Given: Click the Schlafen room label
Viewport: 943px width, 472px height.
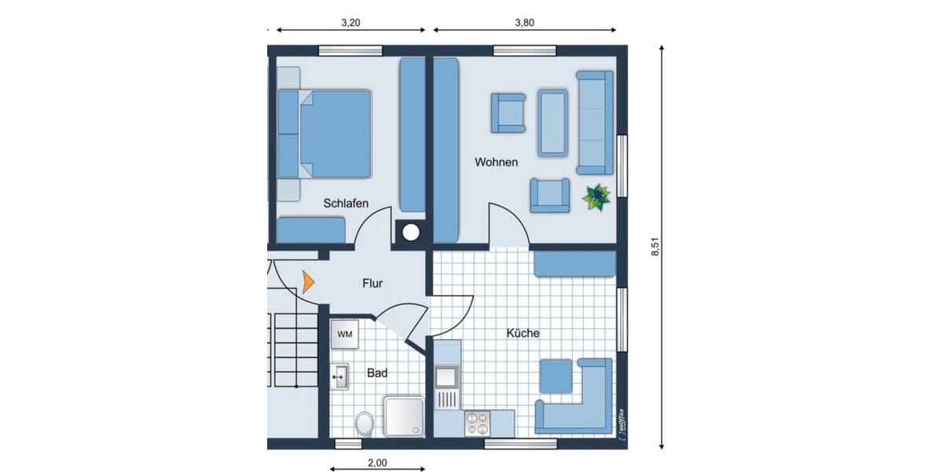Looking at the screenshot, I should [346, 204].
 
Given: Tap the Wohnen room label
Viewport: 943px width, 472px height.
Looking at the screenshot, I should [496, 163].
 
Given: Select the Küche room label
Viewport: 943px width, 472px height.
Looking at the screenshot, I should [523, 334].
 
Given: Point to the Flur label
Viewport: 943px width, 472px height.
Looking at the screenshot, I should [372, 283].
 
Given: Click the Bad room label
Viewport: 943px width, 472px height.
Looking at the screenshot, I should [377, 374].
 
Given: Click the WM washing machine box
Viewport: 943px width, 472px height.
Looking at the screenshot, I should [345, 334].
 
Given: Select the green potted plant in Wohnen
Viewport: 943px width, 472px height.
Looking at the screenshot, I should [596, 197].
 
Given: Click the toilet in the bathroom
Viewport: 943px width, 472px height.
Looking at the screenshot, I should [364, 424].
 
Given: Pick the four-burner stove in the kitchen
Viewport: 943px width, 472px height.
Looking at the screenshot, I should [476, 423].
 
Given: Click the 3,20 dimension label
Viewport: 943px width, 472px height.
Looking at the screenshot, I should [350, 24].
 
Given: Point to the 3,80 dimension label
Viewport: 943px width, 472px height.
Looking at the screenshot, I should [524, 24].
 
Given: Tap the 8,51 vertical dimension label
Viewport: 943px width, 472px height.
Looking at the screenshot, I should [654, 246].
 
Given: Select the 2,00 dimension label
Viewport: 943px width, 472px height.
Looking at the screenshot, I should [377, 463].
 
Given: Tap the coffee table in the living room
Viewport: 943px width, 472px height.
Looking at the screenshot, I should [553, 122].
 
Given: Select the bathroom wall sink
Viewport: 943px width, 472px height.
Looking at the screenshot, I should [340, 377].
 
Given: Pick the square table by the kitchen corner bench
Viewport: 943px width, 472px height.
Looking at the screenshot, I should [556, 376].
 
